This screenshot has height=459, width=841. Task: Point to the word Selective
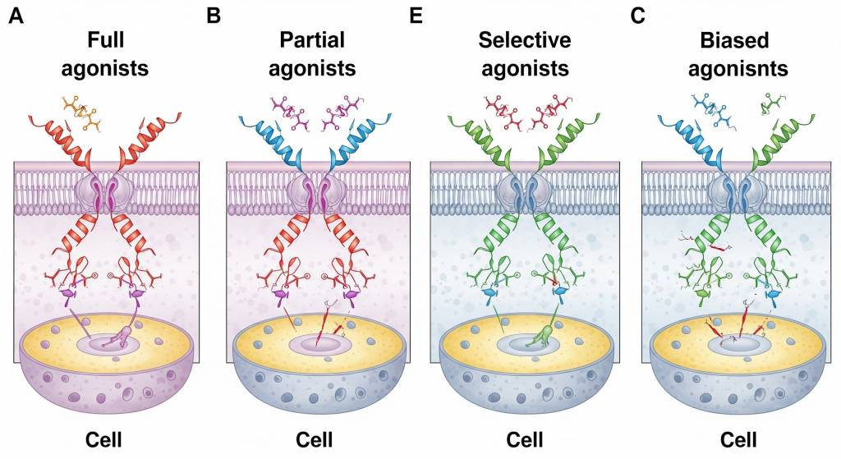(x=525, y=40)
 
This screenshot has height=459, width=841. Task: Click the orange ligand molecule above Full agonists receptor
(x=86, y=113)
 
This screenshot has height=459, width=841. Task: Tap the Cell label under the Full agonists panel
(x=103, y=439)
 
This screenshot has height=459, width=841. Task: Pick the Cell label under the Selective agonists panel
(x=525, y=439)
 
